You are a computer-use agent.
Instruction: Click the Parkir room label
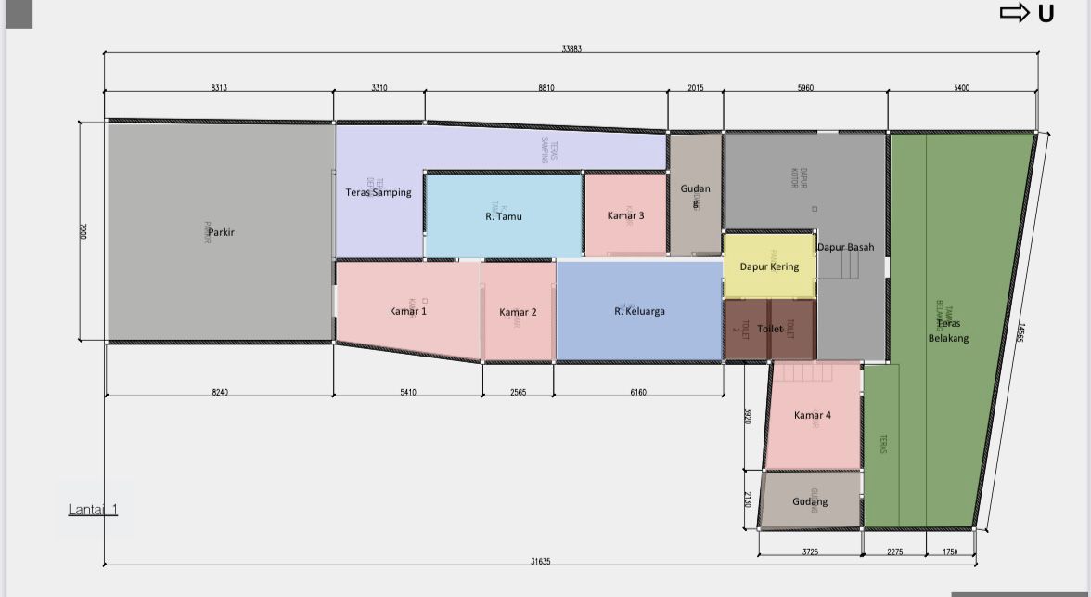coord(222,232)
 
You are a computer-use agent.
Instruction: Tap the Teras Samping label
coord(379,192)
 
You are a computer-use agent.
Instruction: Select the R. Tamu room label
coord(504,216)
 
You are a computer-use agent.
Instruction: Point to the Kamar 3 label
coord(626,215)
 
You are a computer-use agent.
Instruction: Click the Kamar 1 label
coord(408,311)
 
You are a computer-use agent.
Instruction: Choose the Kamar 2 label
coord(518,312)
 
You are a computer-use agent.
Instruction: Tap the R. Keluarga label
coord(639,311)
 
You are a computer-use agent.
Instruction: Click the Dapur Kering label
coord(769,266)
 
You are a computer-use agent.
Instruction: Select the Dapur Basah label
coord(845,247)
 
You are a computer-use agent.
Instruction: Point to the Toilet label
coord(770,329)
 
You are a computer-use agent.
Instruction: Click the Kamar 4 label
coord(813,415)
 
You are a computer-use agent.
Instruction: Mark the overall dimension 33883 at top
coord(571,48)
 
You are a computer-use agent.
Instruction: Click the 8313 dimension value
coord(219,88)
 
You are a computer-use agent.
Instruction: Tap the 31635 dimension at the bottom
coord(539,561)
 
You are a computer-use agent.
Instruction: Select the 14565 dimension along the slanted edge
coord(1020,333)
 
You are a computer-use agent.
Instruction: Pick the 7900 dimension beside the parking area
coord(83,231)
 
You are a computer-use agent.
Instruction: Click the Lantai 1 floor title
coord(93,510)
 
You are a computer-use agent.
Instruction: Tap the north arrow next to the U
coord(1014,13)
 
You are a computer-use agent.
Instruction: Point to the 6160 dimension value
coord(638,393)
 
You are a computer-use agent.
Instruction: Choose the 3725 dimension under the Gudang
coord(810,552)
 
